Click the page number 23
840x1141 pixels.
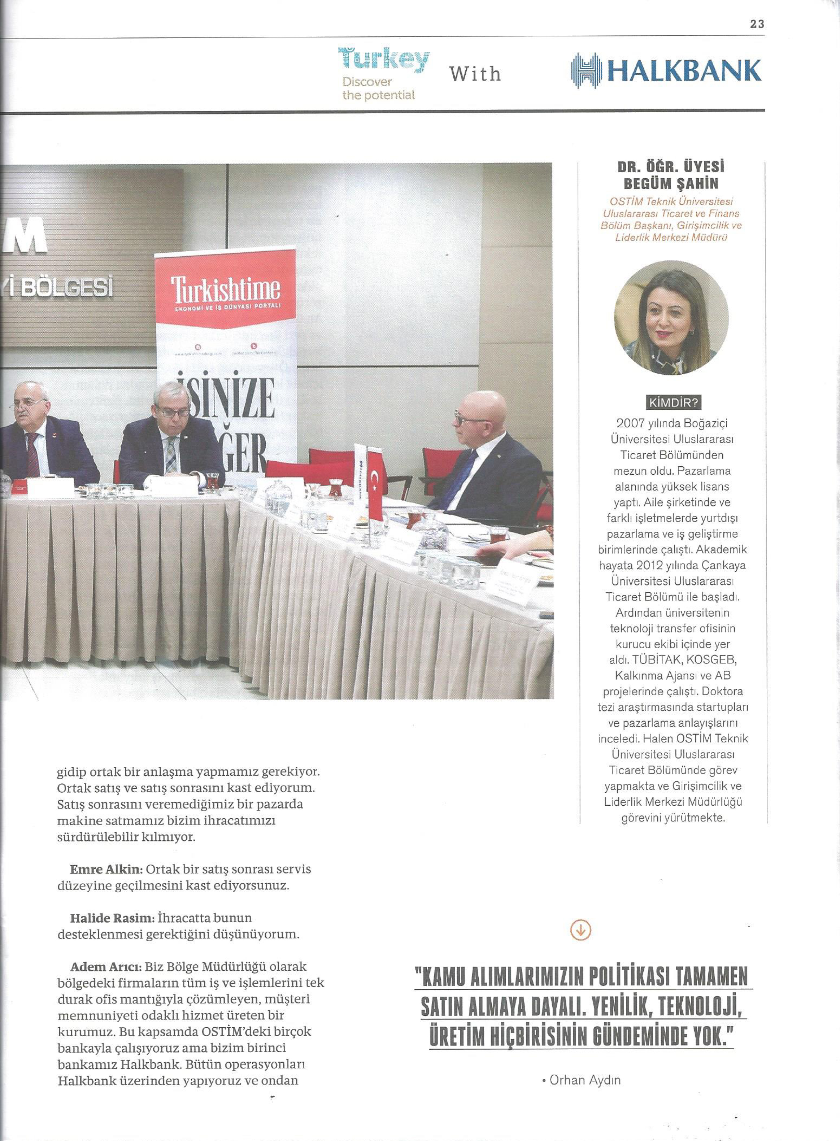click(757, 24)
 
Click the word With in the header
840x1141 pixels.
click(475, 74)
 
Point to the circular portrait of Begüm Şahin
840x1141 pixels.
click(671, 318)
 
